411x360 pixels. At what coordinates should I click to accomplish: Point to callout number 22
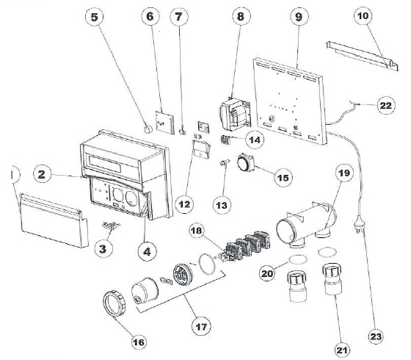385,105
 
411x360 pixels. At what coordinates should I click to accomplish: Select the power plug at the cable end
360,219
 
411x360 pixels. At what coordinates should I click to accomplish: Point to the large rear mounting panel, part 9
294,99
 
